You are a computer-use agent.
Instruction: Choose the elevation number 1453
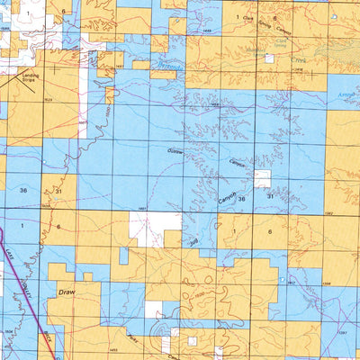pyautogui.click(x=115, y=348)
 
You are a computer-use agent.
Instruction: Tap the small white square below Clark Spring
pyautogui.click(x=268, y=58)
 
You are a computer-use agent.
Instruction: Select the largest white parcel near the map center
pyautogui.click(x=155, y=229)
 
